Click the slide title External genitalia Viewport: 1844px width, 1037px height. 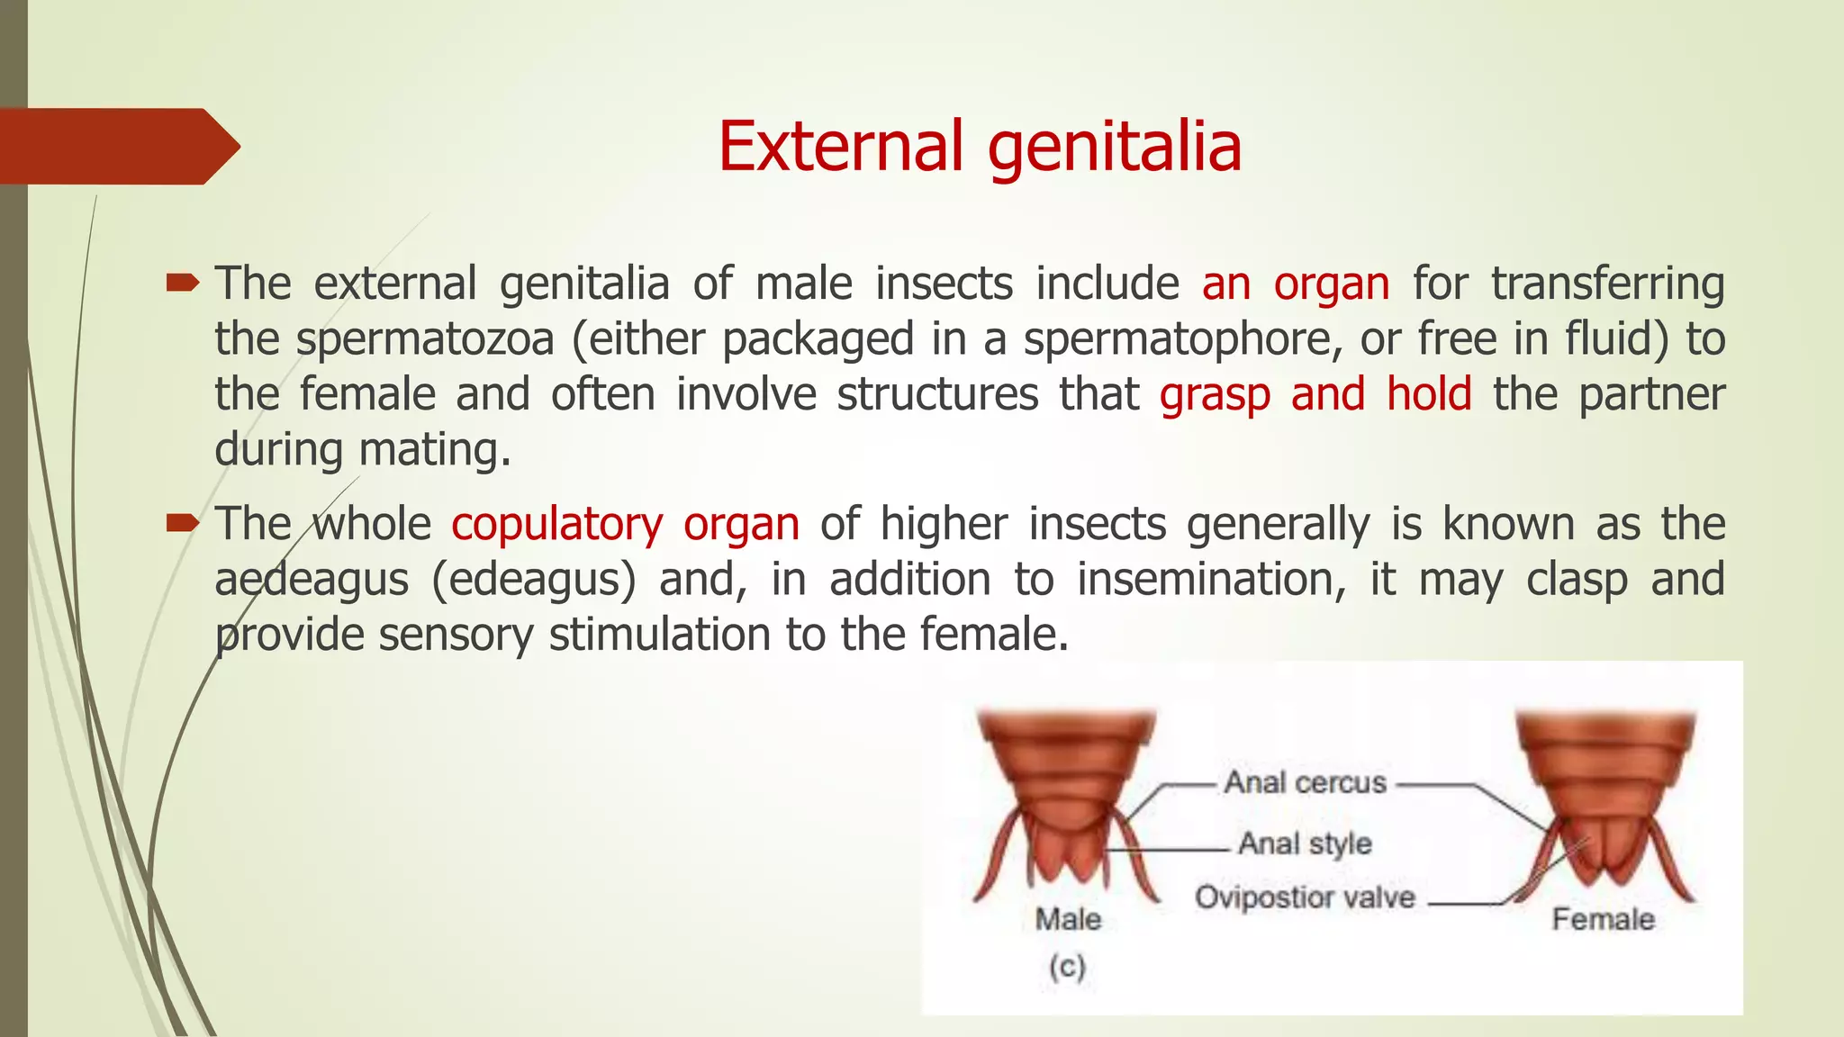(x=980, y=147)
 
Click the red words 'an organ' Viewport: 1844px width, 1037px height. (x=1295, y=284)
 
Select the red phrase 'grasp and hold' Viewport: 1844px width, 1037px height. (x=1315, y=395)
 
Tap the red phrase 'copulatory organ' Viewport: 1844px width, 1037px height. (x=625, y=525)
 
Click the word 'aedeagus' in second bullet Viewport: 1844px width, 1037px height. (x=312, y=580)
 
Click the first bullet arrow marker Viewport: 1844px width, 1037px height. (x=182, y=284)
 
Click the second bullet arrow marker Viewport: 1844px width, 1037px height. (x=182, y=523)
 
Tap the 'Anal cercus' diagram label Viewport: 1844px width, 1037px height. (x=1305, y=782)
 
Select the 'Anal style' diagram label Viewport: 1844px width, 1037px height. (x=1305, y=843)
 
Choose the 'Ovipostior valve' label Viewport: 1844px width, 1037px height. (x=1305, y=897)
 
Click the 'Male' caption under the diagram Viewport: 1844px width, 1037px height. (x=1068, y=919)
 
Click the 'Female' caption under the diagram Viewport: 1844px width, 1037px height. (x=1603, y=919)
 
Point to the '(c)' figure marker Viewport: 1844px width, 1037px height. (x=1067, y=967)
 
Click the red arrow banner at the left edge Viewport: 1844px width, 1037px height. (x=117, y=147)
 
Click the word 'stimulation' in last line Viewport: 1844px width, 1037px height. (x=662, y=635)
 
